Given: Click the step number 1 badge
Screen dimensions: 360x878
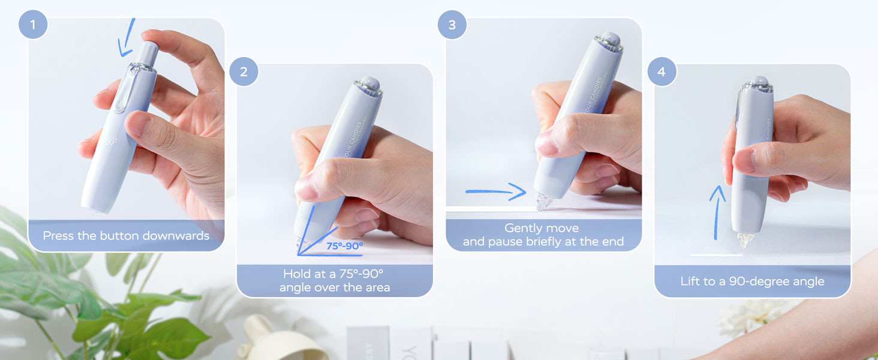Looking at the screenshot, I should coord(33,25).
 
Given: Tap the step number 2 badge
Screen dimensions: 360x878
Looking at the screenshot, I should coord(243,72).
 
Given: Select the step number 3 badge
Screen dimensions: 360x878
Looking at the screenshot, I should coord(452,25).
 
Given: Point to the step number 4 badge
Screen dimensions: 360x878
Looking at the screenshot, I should coord(661,72).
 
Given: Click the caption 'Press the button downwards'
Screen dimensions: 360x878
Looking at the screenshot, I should coord(126,236).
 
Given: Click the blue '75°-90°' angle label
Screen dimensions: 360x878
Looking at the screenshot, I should coord(344,245).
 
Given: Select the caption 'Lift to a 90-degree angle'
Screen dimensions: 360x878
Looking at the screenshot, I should coord(752,281).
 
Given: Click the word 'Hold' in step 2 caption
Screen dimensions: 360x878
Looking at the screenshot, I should coord(297,274).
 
